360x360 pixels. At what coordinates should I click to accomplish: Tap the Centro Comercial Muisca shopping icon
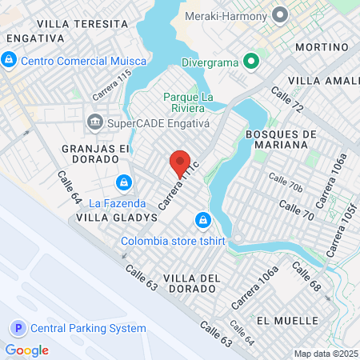point(9,59)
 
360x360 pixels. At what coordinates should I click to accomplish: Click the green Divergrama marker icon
point(250,60)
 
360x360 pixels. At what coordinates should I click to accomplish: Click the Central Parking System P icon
point(18,328)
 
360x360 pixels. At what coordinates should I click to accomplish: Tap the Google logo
point(26,350)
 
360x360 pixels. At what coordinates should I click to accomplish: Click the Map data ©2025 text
point(323,354)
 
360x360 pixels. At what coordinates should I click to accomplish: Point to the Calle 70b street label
point(286,182)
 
